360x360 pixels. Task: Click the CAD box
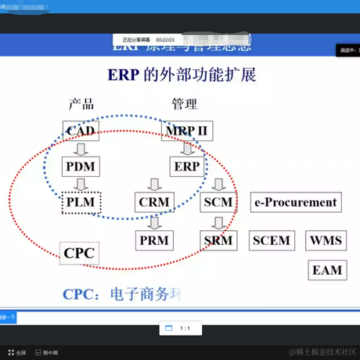[81, 131]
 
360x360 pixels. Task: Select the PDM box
[81, 167]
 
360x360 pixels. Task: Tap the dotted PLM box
[82, 203]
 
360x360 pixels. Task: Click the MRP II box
[185, 131]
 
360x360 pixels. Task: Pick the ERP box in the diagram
[187, 167]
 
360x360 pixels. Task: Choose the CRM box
[153, 203]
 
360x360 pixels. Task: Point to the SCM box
[218, 203]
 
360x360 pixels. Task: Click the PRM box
[154, 240]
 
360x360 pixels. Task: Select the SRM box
[218, 240]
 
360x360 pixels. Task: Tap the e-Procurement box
[296, 203]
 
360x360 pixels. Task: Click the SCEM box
[271, 240]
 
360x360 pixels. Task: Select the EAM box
[327, 270]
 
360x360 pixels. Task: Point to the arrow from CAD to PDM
[81, 149]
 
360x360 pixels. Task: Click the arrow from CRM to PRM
[154, 221]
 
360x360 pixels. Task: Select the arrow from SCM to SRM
[218, 221]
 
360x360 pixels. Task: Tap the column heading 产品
[81, 103]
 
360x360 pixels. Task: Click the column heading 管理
[185, 103]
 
